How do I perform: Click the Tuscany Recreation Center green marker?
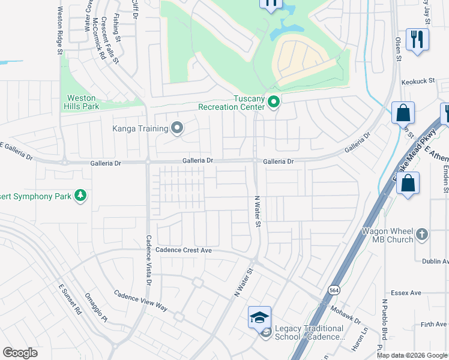point(274,103)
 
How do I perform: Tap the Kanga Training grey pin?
point(177,127)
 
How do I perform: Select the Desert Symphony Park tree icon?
point(80,195)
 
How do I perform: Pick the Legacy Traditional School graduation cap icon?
point(259,317)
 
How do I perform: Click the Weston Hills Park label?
point(82,101)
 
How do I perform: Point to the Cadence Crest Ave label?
point(184,250)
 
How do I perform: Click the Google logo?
point(20,353)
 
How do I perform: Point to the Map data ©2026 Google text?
point(412,355)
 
